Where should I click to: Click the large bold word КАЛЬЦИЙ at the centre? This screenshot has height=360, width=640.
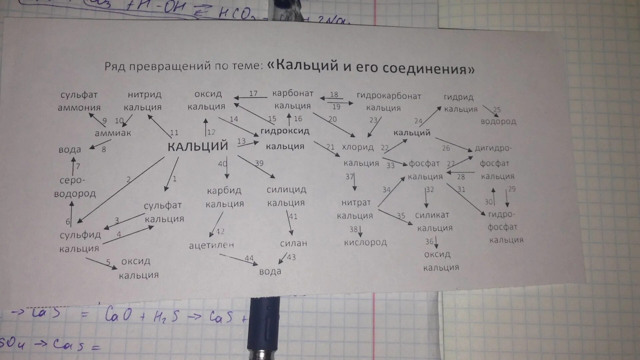pyautogui.click(x=198, y=146)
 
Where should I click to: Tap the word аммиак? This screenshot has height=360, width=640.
pyautogui.click(x=113, y=133)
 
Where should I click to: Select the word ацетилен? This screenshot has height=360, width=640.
pyautogui.click(x=211, y=245)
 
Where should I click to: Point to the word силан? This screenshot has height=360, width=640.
pyautogui.click(x=293, y=243)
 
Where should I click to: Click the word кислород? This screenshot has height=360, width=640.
pyautogui.click(x=365, y=242)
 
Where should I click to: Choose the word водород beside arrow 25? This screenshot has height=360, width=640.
pyautogui.click(x=498, y=121)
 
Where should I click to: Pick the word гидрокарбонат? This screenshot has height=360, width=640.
pyautogui.click(x=389, y=96)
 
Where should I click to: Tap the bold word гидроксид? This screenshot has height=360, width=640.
pyautogui.click(x=285, y=131)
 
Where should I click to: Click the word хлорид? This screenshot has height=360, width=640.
pyautogui.click(x=358, y=147)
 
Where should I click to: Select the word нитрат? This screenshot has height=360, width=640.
pyautogui.click(x=356, y=203)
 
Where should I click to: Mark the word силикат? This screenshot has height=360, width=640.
pyautogui.click(x=432, y=215)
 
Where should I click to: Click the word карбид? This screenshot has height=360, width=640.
pyautogui.click(x=224, y=191)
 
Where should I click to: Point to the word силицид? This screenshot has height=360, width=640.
pyautogui.click(x=286, y=190)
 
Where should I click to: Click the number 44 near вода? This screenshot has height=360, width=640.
pyautogui.click(x=249, y=258)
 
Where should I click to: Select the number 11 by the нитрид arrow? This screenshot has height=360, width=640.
pyautogui.click(x=174, y=133)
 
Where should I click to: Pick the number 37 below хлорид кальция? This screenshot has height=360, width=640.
pyautogui.click(x=349, y=176)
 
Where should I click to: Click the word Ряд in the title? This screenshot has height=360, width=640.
pyautogui.click(x=115, y=66)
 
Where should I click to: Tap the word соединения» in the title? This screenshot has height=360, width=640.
pyautogui.click(x=428, y=68)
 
